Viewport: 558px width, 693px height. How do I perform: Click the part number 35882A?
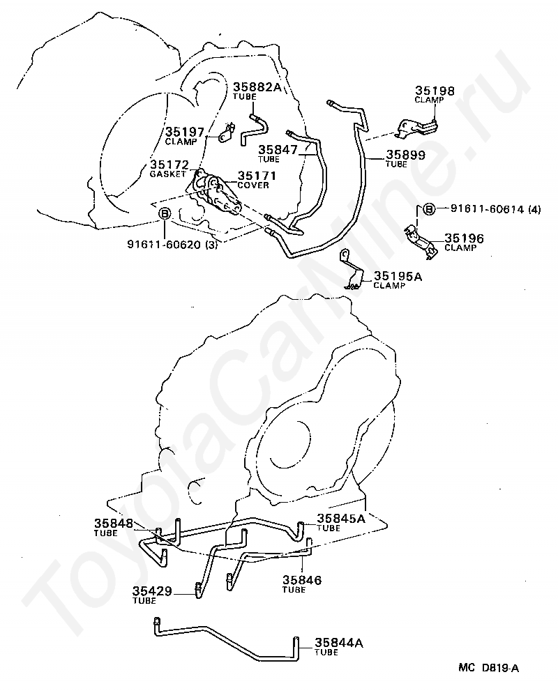pyautogui.click(x=257, y=87)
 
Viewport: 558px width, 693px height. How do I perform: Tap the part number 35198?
pyautogui.click(x=435, y=91)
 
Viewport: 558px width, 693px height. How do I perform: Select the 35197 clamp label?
pyautogui.click(x=184, y=131)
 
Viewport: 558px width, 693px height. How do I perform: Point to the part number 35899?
pyautogui.click(x=406, y=155)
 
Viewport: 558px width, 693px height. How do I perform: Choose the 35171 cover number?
pyautogui.click(x=258, y=176)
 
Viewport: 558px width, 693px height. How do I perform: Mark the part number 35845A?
pyautogui.click(x=341, y=518)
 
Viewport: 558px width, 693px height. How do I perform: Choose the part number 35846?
pyautogui.click(x=301, y=579)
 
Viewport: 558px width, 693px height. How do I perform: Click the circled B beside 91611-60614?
pyautogui.click(x=429, y=208)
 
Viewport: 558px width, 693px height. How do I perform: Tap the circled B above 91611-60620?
pyautogui.click(x=165, y=213)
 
